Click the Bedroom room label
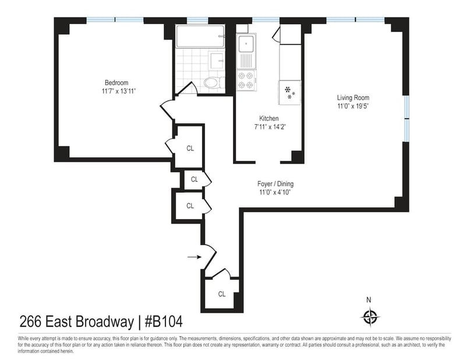tap(116, 83)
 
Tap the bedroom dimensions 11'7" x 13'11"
tap(119, 91)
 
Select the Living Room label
tap(353, 97)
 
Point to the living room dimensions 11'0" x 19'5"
tap(353, 106)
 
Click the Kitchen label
tap(269, 118)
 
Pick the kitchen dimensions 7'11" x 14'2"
tap(270, 127)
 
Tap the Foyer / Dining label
tap(276, 183)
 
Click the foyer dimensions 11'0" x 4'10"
tap(275, 192)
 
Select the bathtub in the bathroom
tap(200, 36)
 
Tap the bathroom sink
tap(217, 61)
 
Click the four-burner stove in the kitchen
tap(246, 80)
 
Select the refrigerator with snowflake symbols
tap(290, 93)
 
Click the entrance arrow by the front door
tap(195, 256)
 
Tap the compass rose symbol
tap(370, 317)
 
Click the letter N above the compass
tap(369, 300)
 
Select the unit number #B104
tap(164, 322)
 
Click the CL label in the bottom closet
tap(222, 294)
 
